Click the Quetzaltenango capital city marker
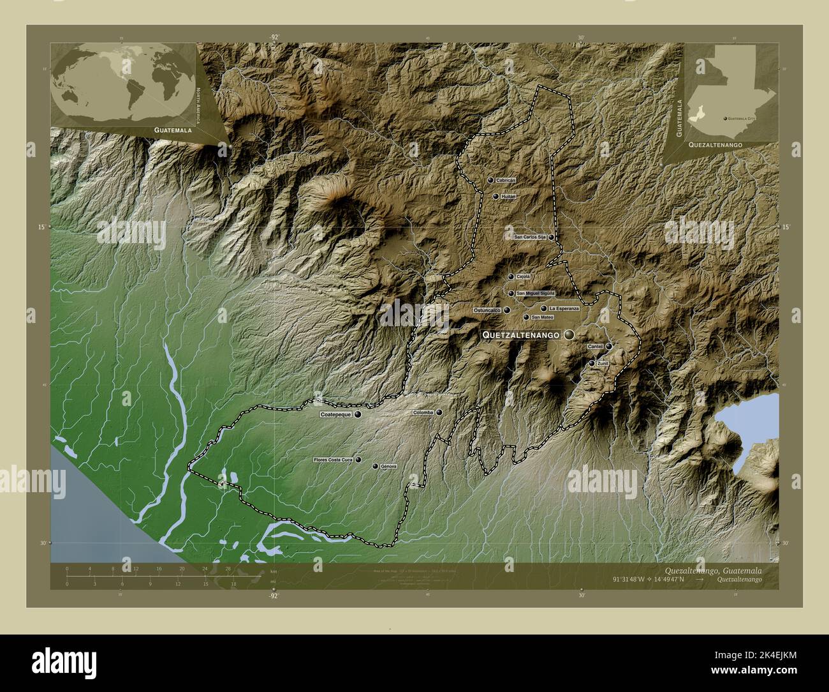tap(569, 335)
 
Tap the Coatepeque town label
tap(335, 414)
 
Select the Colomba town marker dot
tap(439, 412)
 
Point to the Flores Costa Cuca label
tap(333, 460)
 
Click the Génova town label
tap(389, 467)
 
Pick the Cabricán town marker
tap(490, 181)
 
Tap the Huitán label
tap(508, 197)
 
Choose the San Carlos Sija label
tap(531, 237)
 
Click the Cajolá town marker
tap(511, 277)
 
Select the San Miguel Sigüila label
tap(536, 293)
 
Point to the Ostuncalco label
tap(487, 310)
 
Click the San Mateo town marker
tap(526, 317)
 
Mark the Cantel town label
tap(595, 346)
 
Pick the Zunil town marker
tap(592, 363)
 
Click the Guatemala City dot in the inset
tap(726, 119)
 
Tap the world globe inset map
tap(124, 85)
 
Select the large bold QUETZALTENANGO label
tap(521, 335)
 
